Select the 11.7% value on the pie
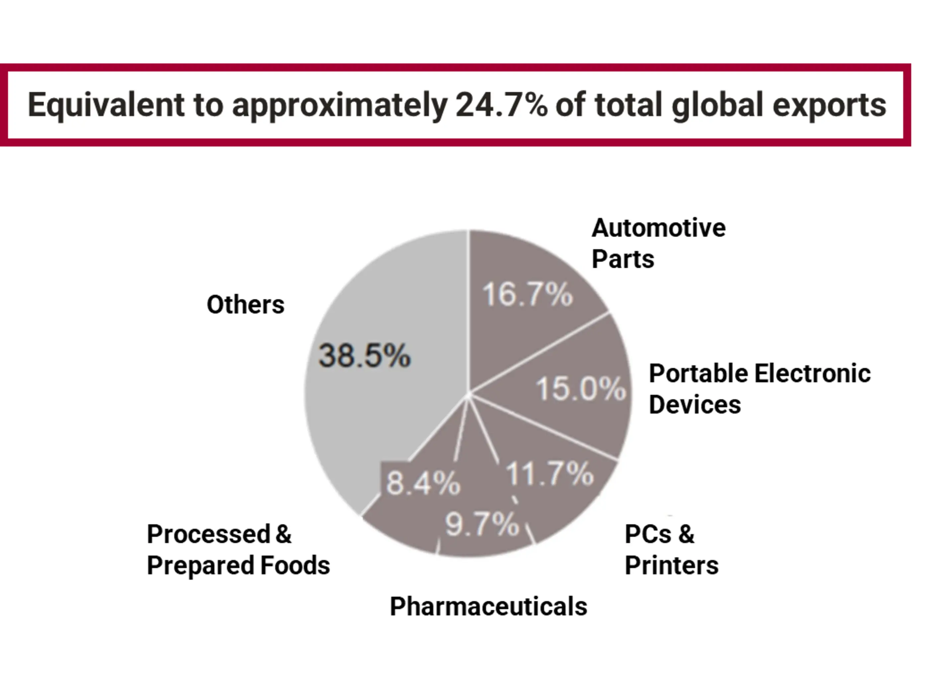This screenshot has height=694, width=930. pos(550,474)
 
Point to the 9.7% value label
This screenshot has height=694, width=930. pos(482,524)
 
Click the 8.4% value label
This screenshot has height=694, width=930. pos(423,483)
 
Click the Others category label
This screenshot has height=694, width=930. pos(245,304)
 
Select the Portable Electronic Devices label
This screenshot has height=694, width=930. pos(759,389)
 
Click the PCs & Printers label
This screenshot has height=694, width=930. pos(671,550)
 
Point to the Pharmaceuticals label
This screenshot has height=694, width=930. pos(488,606)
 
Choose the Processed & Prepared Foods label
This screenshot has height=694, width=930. pos(238,550)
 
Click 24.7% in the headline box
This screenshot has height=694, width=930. pos(501,105)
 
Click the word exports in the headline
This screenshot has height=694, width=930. pos(830,105)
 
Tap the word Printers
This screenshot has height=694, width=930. pos(672,565)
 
